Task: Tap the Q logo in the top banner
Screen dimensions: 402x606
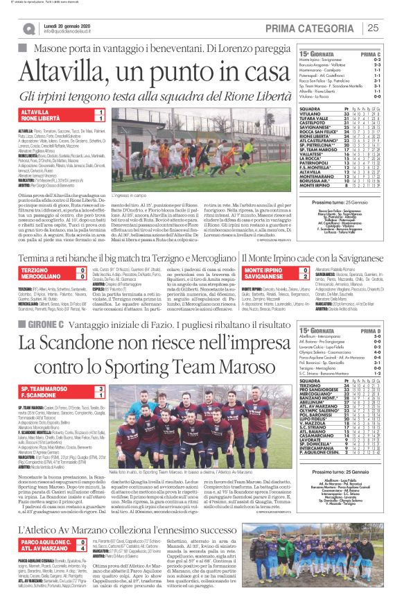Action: pyautogui.click(x=29, y=28)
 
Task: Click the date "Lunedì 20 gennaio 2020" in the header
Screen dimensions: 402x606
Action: pyautogui.click(x=68, y=25)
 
